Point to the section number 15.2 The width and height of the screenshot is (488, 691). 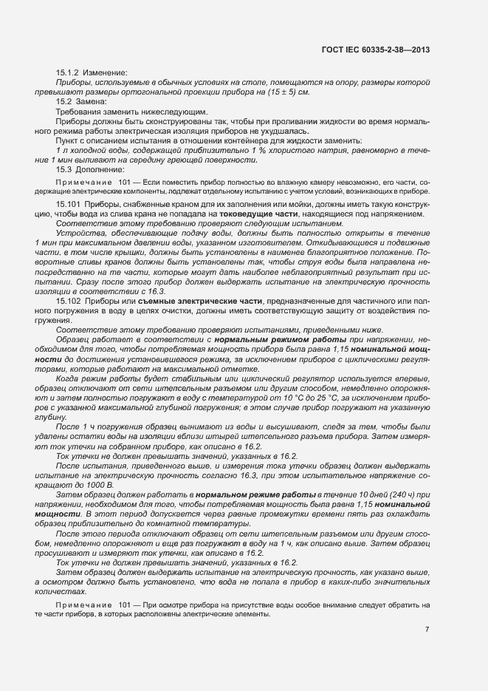[x=63, y=101]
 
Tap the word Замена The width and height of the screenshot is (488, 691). [x=91, y=101]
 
